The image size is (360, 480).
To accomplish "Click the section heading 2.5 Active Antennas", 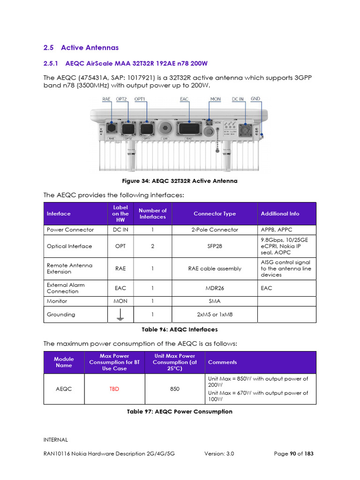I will point(81,48).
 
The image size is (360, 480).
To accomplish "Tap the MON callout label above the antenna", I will point(215,99).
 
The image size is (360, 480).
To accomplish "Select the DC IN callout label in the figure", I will point(238,99).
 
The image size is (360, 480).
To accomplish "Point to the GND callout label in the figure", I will point(255,99).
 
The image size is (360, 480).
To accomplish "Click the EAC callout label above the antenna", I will point(184,99).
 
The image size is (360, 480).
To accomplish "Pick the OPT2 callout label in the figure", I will point(121,99).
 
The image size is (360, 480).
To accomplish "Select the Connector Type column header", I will point(215,214).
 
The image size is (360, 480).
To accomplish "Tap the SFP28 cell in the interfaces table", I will point(215,246).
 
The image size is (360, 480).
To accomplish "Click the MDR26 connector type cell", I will point(215,288).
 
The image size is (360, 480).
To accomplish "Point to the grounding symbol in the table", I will point(120,315).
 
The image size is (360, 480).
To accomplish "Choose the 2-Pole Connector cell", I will point(215,230).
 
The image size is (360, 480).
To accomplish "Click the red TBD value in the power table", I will point(114,389).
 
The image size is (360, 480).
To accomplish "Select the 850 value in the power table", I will point(174,389).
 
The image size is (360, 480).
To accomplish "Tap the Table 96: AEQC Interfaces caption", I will point(180,330).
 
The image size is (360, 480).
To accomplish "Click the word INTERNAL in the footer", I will point(56,440).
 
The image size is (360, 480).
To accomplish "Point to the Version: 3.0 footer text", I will point(219,454).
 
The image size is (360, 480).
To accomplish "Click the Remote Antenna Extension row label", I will point(69,269).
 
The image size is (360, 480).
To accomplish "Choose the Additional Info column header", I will point(280,214).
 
